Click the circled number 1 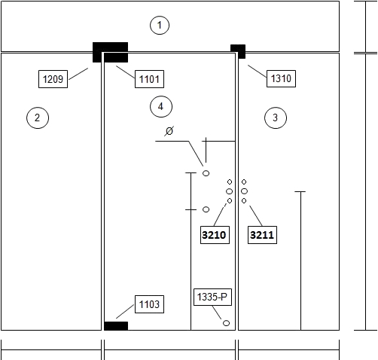click(160, 25)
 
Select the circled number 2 click(38, 117)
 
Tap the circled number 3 click(276, 117)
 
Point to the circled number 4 click(161, 106)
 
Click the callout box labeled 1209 click(53, 79)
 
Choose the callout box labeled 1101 click(149, 79)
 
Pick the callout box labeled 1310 click(281, 78)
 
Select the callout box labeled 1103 click(149, 304)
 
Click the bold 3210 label click(215, 235)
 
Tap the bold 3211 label click(262, 235)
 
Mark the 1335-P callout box click(212, 297)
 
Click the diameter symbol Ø click(169, 131)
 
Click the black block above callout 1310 click(238, 51)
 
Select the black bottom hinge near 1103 click(116, 326)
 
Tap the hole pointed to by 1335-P click(226, 323)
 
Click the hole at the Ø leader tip click(206, 173)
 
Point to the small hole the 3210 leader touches click(230, 201)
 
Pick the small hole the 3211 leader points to click(244, 201)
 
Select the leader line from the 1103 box click(125, 312)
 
